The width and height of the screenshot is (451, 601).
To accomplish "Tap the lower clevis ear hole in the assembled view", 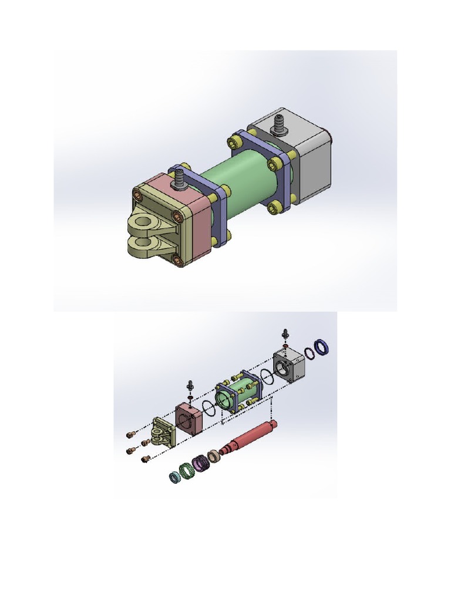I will [140, 242].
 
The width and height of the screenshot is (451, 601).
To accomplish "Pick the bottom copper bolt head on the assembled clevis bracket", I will [177, 258].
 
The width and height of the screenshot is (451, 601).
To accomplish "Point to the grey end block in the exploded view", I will [289, 364].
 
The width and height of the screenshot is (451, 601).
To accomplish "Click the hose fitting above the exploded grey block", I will [285, 333].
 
